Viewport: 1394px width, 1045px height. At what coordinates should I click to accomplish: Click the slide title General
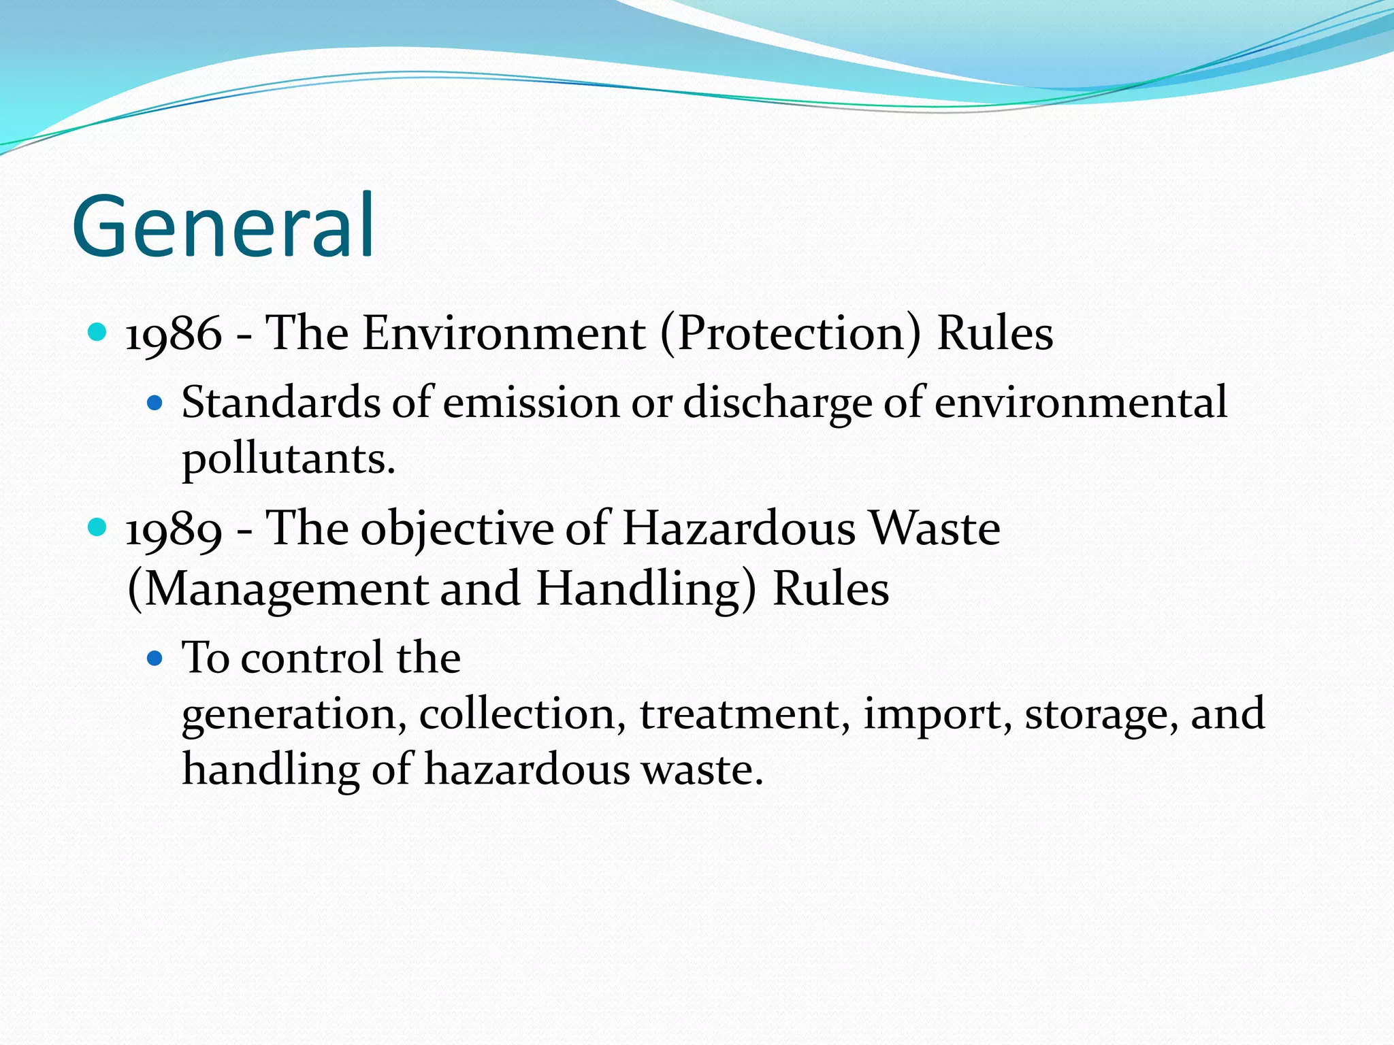[x=223, y=226]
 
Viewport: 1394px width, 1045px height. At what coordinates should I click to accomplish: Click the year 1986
[x=174, y=333]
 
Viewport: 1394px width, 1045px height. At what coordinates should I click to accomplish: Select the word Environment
[x=504, y=333]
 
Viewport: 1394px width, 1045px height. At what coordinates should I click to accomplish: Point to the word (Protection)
[x=790, y=333]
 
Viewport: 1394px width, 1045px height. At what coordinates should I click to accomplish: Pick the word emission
[x=531, y=402]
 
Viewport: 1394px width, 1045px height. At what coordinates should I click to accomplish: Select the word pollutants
[x=288, y=460]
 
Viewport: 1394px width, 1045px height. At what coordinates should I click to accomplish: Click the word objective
[x=457, y=529]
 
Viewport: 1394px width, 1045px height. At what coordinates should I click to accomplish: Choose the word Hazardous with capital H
[x=739, y=528]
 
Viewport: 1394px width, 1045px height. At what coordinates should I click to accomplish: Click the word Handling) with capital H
[x=646, y=588]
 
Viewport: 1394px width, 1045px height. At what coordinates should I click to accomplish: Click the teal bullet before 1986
[x=98, y=332]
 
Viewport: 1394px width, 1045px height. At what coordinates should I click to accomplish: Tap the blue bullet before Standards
[x=155, y=403]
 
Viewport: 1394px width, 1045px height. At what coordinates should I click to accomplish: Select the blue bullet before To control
[x=155, y=658]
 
